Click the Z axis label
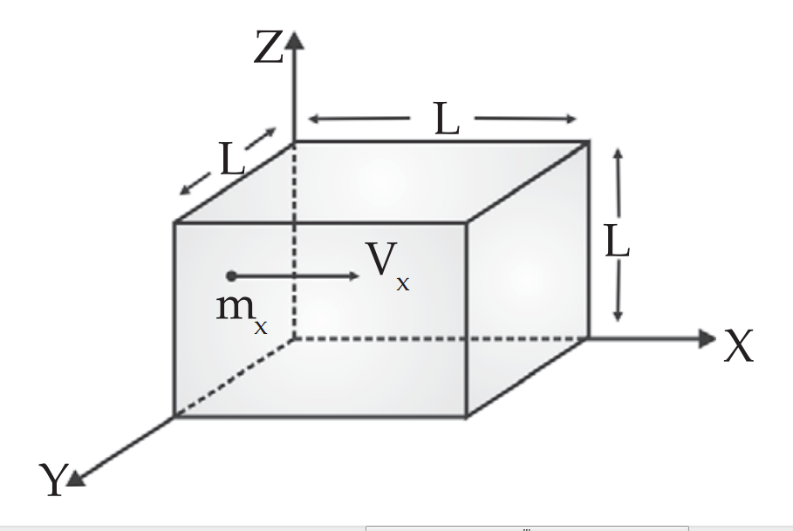tap(269, 49)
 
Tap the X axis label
tap(738, 346)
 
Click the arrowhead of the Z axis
tap(294, 38)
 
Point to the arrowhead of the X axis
tap(708, 338)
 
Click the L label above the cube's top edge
tap(446, 120)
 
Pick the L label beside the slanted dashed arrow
tap(231, 160)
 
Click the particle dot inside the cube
tap(230, 276)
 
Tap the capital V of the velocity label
tap(379, 259)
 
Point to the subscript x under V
tap(402, 283)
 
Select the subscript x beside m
tap(260, 328)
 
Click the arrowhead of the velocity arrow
tap(353, 276)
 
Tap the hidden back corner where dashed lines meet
tap(294, 337)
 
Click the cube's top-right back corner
tap(585, 141)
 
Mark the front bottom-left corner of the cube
tap(174, 416)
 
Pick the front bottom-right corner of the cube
tap(467, 416)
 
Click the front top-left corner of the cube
tap(174, 223)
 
